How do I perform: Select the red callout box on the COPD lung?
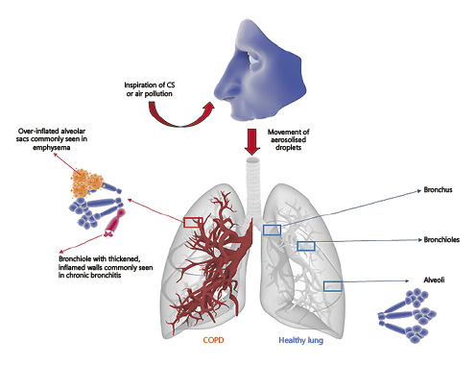click(193, 223)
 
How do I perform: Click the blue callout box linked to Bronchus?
click(272, 230)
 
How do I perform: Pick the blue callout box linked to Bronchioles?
click(306, 247)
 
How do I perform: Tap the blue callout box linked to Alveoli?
click(333, 285)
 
